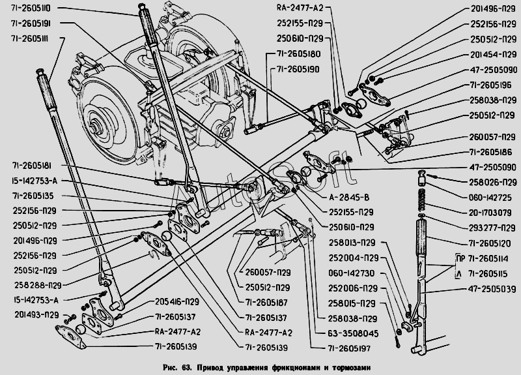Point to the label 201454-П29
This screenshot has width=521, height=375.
pyautogui.click(x=489, y=55)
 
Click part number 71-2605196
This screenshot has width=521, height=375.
pyautogui.click(x=489, y=85)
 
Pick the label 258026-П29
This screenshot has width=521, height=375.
pyautogui.click(x=489, y=182)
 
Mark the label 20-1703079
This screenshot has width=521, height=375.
pyautogui.click(x=489, y=213)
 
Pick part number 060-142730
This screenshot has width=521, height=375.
pyautogui.click(x=351, y=273)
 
